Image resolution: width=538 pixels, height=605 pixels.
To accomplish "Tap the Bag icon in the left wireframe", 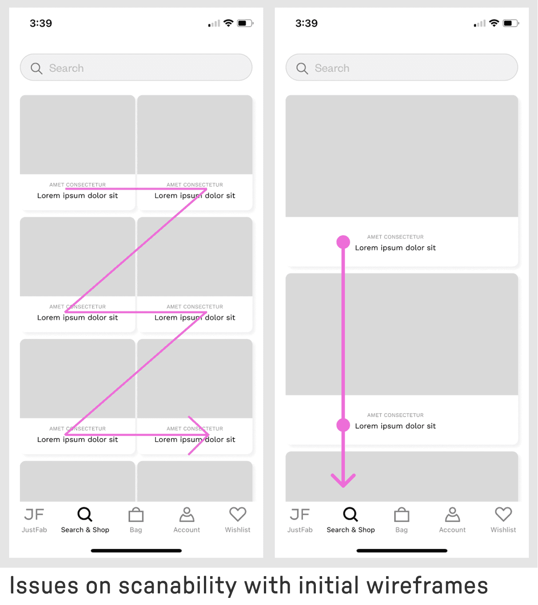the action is pyautogui.click(x=136, y=514).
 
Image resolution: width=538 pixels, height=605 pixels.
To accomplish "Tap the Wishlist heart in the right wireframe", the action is pyautogui.click(x=503, y=514).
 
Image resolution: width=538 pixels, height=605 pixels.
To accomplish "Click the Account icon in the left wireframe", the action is pyautogui.click(x=187, y=514).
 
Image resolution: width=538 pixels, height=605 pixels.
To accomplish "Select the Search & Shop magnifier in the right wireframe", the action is pyautogui.click(x=351, y=514).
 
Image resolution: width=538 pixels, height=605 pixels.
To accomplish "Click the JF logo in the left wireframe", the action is pyautogui.click(x=34, y=514).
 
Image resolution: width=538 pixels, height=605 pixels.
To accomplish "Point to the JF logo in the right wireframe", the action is pyautogui.click(x=299, y=514).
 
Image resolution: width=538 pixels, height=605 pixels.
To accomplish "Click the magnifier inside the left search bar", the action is pyautogui.click(x=36, y=68).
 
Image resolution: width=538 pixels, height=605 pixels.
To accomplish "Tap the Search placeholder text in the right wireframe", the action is pyautogui.click(x=332, y=68).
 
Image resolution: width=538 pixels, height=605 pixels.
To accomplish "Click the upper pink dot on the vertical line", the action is pyautogui.click(x=343, y=242).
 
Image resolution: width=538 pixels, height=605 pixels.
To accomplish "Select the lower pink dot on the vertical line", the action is pyautogui.click(x=343, y=425).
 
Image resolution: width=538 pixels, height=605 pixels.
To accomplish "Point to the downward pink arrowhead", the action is pyautogui.click(x=343, y=480).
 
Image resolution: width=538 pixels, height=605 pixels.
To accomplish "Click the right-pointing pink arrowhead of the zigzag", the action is pyautogui.click(x=199, y=435).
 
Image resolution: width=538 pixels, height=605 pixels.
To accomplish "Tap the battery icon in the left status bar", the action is pyautogui.click(x=245, y=23).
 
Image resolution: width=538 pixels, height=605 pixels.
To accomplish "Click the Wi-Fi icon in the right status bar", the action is pyautogui.click(x=494, y=23).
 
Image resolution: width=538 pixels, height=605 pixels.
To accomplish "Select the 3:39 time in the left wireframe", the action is pyautogui.click(x=41, y=23).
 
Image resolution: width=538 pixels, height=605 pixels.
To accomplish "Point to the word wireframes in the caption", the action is pyautogui.click(x=427, y=585).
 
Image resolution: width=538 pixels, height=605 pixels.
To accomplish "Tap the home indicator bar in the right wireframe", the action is pyautogui.click(x=402, y=551).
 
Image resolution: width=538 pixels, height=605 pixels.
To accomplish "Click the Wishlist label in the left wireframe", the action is pyautogui.click(x=238, y=530).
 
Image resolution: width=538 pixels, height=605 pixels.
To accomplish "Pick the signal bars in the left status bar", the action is pyautogui.click(x=214, y=23).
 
